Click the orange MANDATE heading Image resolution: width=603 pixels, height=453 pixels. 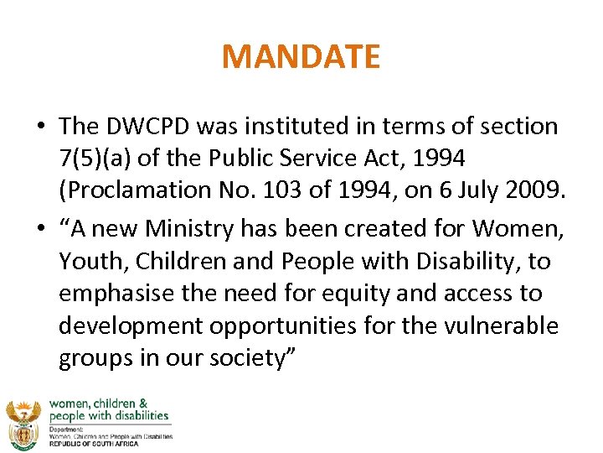click(x=301, y=57)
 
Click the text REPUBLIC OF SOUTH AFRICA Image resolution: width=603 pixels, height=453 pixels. click(x=100, y=445)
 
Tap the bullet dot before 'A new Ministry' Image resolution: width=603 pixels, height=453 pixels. click(x=40, y=229)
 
